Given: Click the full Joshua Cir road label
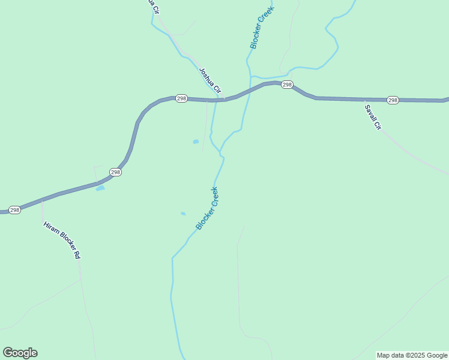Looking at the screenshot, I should pyautogui.click(x=211, y=82).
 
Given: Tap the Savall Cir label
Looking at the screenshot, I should pyautogui.click(x=373, y=118).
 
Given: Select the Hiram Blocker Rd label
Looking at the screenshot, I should pyautogui.click(x=62, y=241).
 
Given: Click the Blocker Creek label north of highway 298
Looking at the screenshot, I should pyautogui.click(x=262, y=28).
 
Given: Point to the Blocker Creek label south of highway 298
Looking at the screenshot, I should pyautogui.click(x=207, y=208).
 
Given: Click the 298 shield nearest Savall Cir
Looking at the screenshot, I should pyautogui.click(x=393, y=100).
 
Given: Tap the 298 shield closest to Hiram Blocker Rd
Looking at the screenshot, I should pyautogui.click(x=15, y=210).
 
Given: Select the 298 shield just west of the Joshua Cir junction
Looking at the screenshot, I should pyautogui.click(x=181, y=98).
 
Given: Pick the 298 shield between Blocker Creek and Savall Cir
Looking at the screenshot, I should pyautogui.click(x=287, y=85).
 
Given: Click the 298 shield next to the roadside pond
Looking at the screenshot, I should pyautogui.click(x=116, y=172).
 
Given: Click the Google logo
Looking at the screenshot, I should pyautogui.click(x=20, y=353).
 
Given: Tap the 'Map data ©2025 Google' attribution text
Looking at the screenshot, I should pyautogui.click(x=412, y=355).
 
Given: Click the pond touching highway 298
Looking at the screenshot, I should pyautogui.click(x=100, y=188).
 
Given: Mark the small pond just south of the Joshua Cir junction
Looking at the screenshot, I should pyautogui.click(x=196, y=142).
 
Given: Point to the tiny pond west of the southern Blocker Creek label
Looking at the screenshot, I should pyautogui.click(x=183, y=214).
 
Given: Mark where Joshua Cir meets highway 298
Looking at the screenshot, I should pyautogui.click(x=223, y=98).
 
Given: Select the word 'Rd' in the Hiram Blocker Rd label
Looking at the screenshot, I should pyautogui.click(x=77, y=254).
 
